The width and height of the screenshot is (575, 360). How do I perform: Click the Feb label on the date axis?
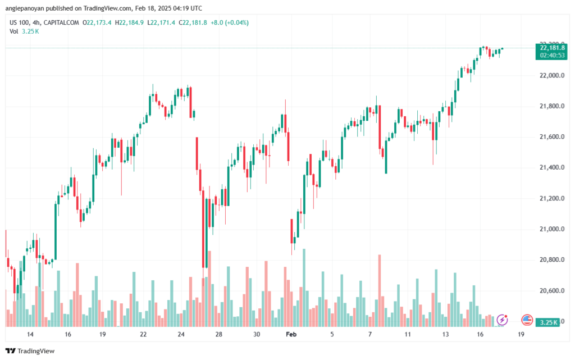(x=291, y=334)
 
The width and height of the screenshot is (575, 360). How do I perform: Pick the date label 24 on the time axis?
(x=181, y=334)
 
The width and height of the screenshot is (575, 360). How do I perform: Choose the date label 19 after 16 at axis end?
(x=521, y=334)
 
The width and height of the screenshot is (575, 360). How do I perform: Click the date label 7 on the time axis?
(x=370, y=334)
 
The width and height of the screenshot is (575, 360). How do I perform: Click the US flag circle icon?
(x=527, y=320)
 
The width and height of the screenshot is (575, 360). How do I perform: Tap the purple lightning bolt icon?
(x=503, y=320)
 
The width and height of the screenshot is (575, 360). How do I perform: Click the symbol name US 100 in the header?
(x=20, y=22)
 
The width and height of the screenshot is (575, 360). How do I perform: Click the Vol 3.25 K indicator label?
(x=24, y=31)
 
